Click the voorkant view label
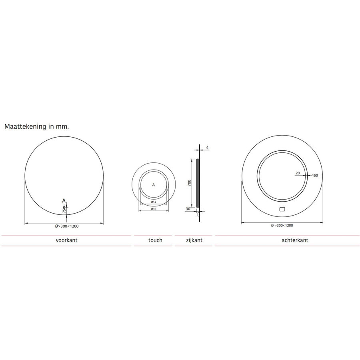(x=66, y=240)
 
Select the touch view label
(x=155, y=240)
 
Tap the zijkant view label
(x=194, y=240)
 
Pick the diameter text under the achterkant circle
(x=282, y=226)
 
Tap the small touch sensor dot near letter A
(x=64, y=206)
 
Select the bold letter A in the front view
(x=64, y=200)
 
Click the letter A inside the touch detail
(x=154, y=185)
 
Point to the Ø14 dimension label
(x=154, y=202)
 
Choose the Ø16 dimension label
(x=154, y=209)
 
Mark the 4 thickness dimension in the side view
(x=207, y=148)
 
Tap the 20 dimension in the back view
(x=297, y=173)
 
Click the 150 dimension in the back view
(x=315, y=175)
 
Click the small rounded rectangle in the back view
(x=282, y=209)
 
